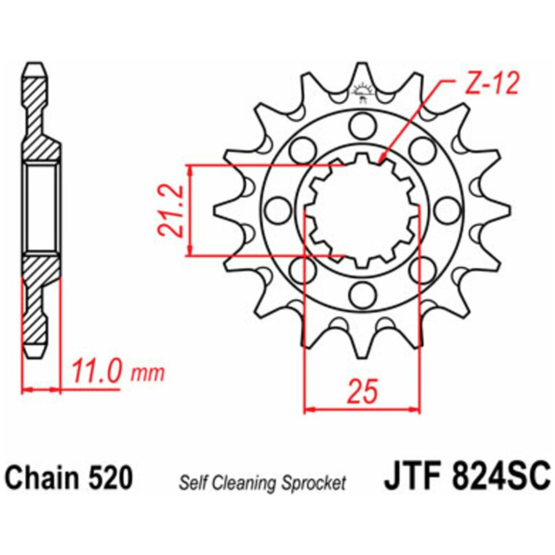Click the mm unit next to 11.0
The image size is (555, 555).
tap(148, 374)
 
